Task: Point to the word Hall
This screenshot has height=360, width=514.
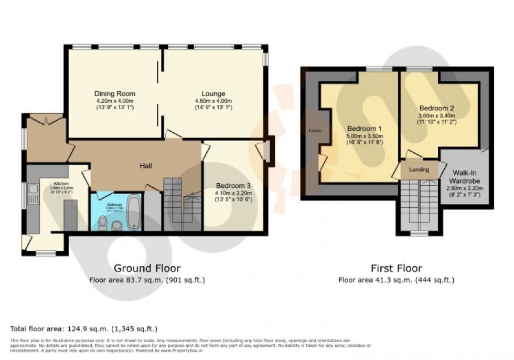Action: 146,166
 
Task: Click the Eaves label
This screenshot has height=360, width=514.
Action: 315,130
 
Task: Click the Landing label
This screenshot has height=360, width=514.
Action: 419,170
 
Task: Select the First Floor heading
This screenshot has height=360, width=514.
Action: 396,269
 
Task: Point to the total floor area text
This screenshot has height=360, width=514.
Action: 84,329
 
